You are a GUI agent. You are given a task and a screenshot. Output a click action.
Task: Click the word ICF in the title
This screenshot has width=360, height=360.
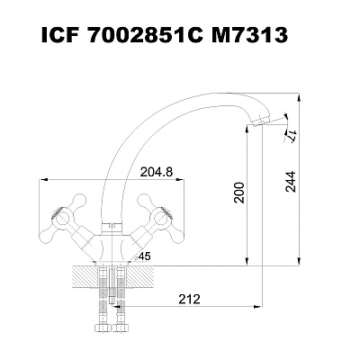[58, 36]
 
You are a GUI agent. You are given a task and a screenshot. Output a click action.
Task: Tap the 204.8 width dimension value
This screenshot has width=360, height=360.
[157, 172]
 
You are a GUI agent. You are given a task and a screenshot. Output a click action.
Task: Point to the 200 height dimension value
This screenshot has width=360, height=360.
[240, 193]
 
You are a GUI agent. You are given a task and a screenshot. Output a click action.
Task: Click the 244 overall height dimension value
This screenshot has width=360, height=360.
[291, 182]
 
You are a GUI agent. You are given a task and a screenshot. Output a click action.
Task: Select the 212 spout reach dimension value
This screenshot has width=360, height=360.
[189, 299]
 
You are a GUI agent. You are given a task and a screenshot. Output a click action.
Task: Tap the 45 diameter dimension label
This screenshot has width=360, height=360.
[143, 256]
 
